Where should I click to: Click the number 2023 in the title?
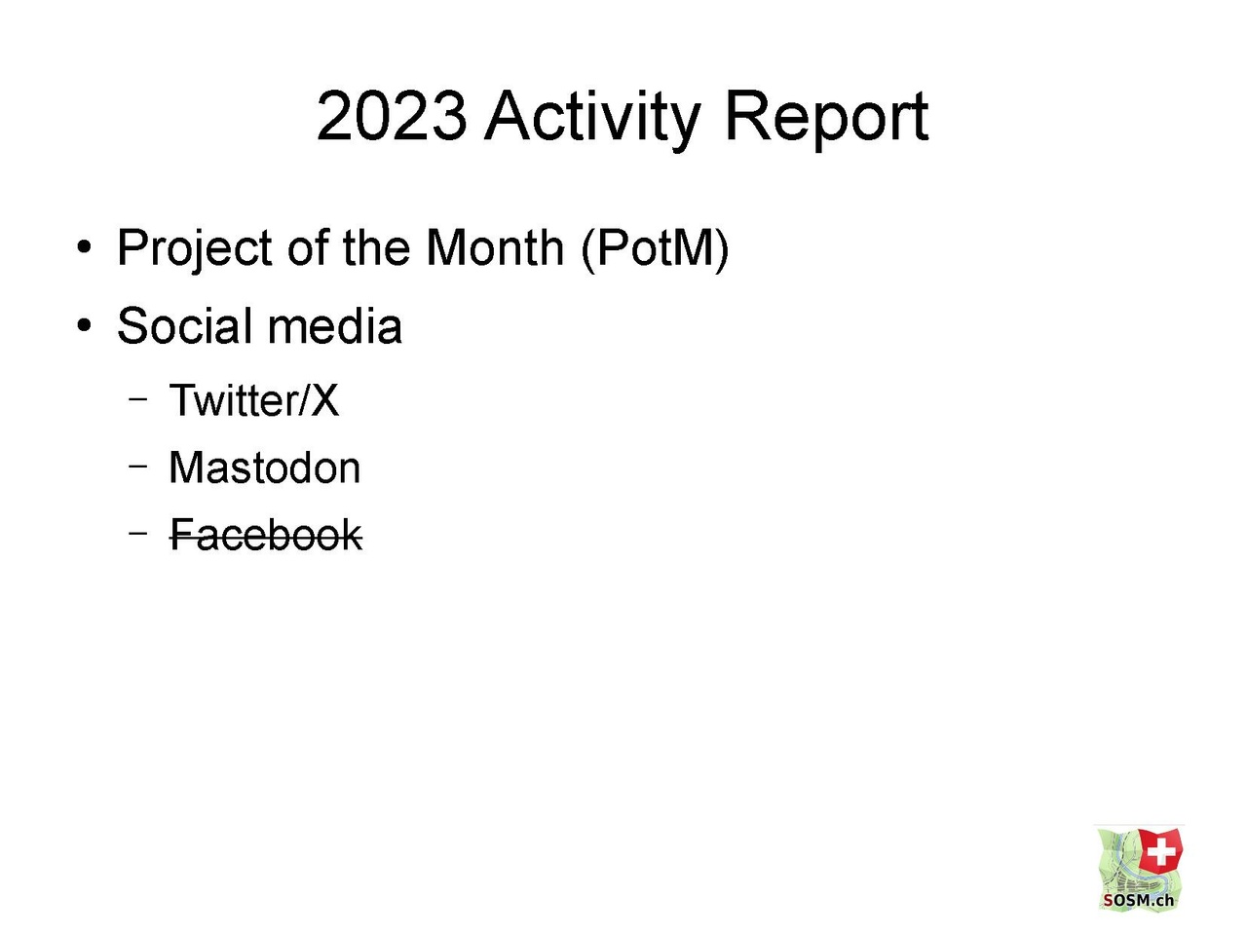click(392, 116)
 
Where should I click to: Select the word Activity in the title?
click(592, 121)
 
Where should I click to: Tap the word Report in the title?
click(827, 121)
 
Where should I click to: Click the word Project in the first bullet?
click(194, 248)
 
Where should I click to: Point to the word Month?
click(494, 247)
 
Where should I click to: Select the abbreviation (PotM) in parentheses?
click(655, 249)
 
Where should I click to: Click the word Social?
click(185, 326)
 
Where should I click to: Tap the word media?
click(334, 326)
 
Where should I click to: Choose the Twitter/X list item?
click(254, 400)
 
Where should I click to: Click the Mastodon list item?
click(265, 467)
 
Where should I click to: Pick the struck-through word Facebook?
click(266, 535)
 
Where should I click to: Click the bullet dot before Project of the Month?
click(84, 247)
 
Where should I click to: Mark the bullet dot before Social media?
click(84, 326)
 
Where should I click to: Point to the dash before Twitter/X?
click(138, 398)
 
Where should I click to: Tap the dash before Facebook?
click(138, 533)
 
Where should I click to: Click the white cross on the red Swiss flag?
click(1160, 851)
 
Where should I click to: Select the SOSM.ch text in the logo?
click(1139, 900)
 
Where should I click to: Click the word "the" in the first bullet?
click(376, 247)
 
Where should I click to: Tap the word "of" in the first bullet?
click(308, 247)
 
